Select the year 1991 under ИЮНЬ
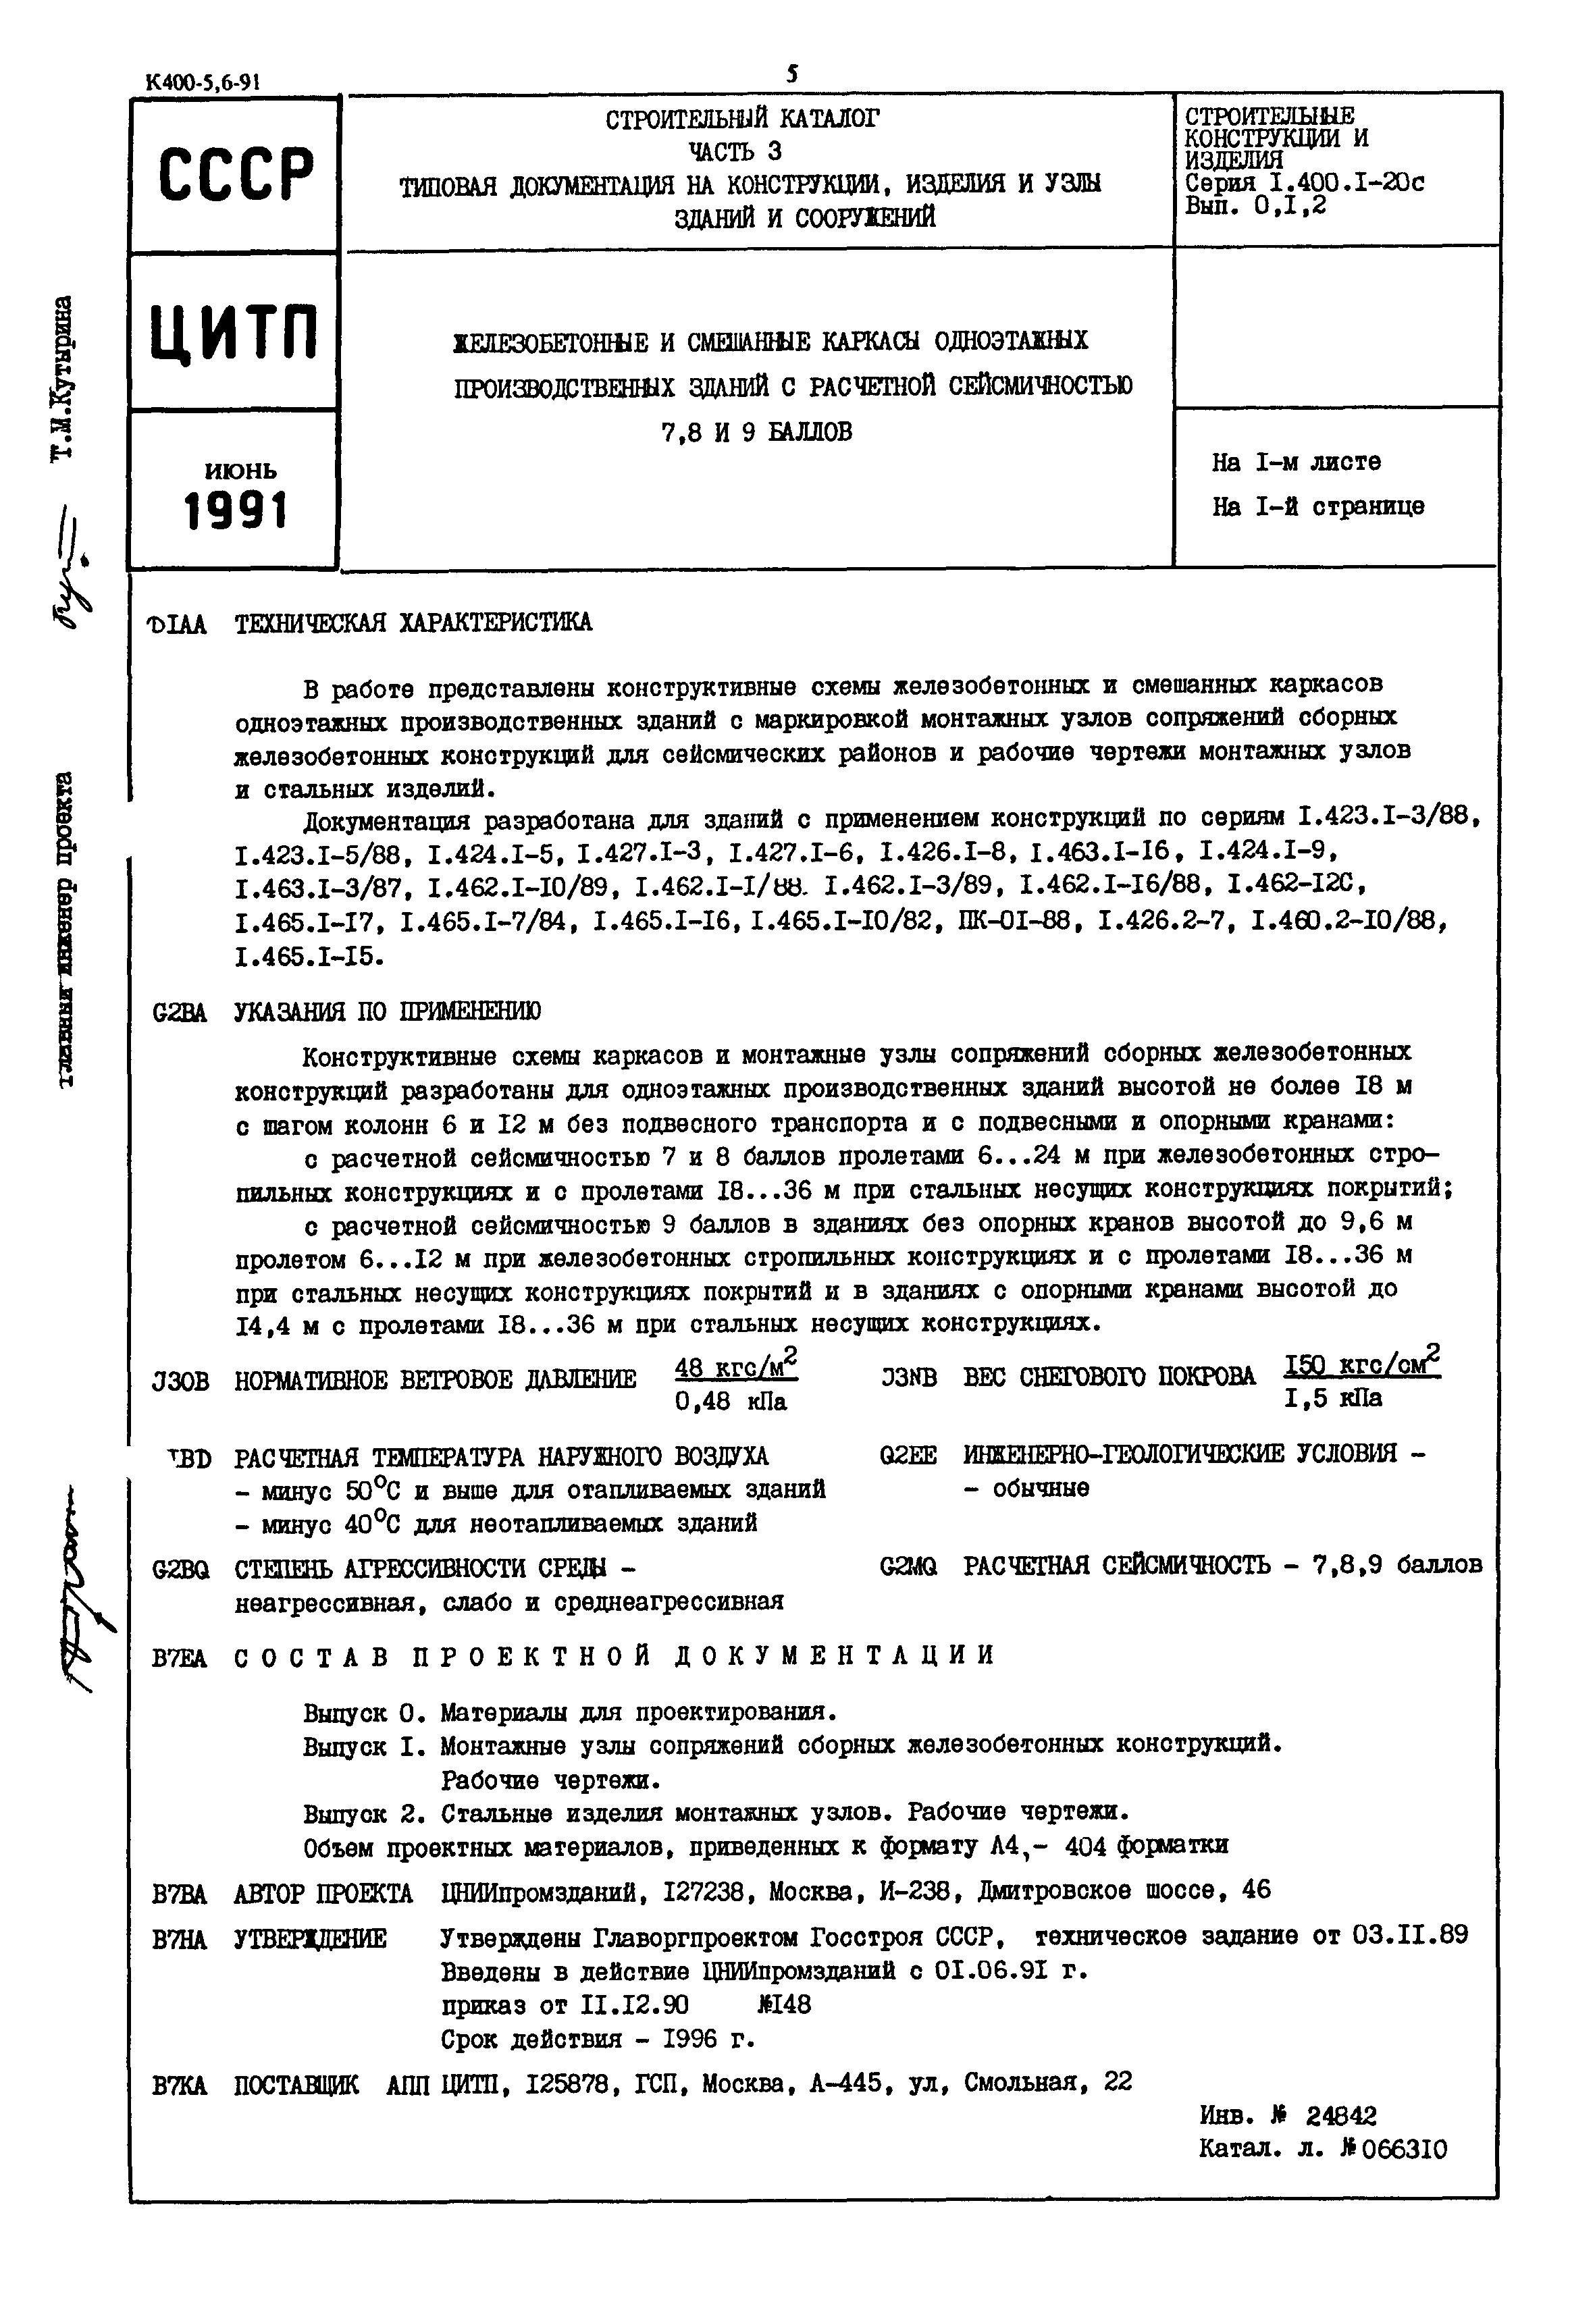236,512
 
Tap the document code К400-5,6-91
203,84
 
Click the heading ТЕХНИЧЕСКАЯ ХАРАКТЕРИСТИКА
413,623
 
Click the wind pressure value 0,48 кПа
731,1402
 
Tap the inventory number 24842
1341,2115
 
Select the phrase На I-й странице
1317,506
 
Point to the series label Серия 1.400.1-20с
1304,183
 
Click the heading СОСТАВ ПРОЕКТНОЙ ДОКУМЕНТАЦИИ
615,1655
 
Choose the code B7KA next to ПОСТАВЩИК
180,2083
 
